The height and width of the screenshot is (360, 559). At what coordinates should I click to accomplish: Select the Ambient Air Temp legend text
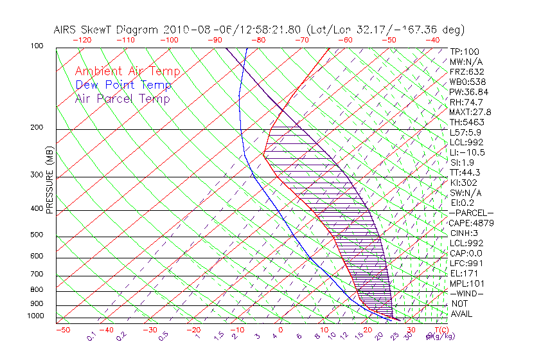pos(127,71)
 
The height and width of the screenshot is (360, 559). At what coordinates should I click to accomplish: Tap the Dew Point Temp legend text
pos(123,85)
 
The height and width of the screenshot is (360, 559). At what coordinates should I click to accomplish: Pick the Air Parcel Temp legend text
pos(122,98)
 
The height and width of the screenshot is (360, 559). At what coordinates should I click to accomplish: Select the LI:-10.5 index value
pos(467,152)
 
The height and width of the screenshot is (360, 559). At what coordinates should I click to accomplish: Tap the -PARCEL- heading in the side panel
pos(471,213)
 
